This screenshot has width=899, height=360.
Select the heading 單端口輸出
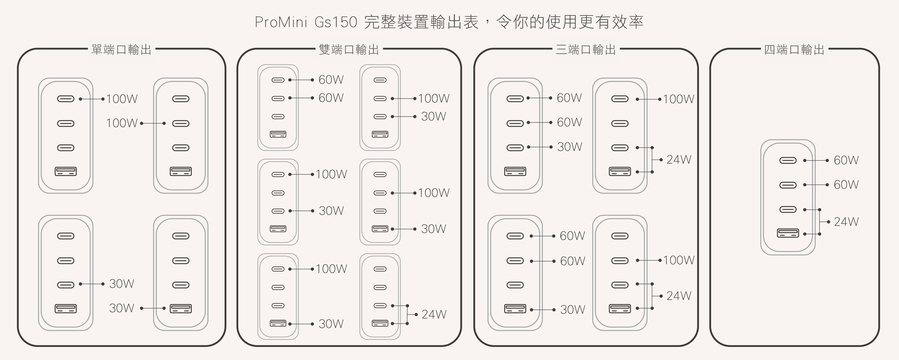point(121,50)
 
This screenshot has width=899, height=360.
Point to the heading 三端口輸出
point(586,50)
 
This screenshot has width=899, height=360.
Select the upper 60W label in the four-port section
point(846,160)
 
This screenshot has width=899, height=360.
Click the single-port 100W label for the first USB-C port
point(122,99)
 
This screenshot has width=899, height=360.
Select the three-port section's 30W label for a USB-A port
point(572,310)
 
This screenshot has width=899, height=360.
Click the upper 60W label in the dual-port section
point(331,80)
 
